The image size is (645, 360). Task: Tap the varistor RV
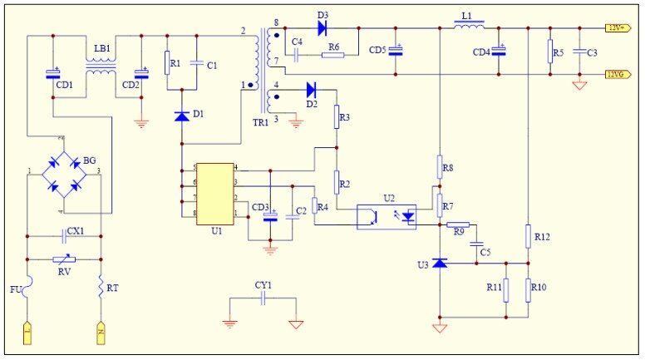coord(64,259)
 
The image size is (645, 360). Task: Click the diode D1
coord(182,116)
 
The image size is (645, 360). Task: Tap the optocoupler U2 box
coord(387,216)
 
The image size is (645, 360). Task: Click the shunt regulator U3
coord(439,264)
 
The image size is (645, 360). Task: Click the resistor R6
coord(332,56)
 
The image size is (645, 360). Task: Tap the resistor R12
coord(529,237)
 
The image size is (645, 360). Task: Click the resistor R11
coord(505,288)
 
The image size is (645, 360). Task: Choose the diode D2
coord(312,89)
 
